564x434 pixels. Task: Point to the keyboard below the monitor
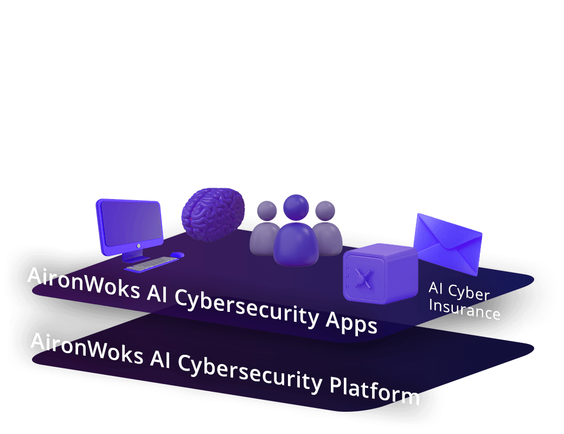[151, 264]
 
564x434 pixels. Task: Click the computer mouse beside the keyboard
[177, 254]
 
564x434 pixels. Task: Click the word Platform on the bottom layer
[374, 390]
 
